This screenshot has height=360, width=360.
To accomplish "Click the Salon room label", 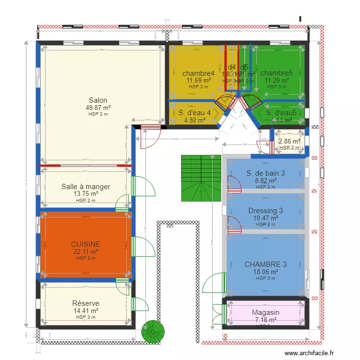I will [x=98, y=100].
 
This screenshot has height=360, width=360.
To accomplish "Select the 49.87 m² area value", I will [x=98, y=108].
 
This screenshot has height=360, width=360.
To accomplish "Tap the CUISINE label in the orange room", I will [x=85, y=244].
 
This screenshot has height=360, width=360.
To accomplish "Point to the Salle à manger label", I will [x=85, y=187].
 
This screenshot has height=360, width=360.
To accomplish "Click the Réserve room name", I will [x=85, y=303].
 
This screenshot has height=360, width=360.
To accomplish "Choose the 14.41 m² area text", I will [x=85, y=311].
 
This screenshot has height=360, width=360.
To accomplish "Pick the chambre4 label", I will [x=198, y=73].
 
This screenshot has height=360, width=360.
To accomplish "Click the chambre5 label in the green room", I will [x=276, y=73].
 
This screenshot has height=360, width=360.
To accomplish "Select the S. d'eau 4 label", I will [x=194, y=113].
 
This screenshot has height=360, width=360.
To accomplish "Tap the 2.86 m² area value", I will [x=289, y=142].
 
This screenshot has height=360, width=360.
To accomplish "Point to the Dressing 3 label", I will [x=265, y=211].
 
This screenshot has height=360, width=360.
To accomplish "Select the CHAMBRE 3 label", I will [x=265, y=264].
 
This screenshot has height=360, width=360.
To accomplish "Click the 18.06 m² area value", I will [x=265, y=272].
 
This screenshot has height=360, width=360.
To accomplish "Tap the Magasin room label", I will [x=265, y=313].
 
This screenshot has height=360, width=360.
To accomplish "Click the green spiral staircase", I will [x=153, y=332].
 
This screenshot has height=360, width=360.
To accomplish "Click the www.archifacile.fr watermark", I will [x=317, y=353].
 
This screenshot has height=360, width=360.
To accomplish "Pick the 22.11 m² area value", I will [x=85, y=252].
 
